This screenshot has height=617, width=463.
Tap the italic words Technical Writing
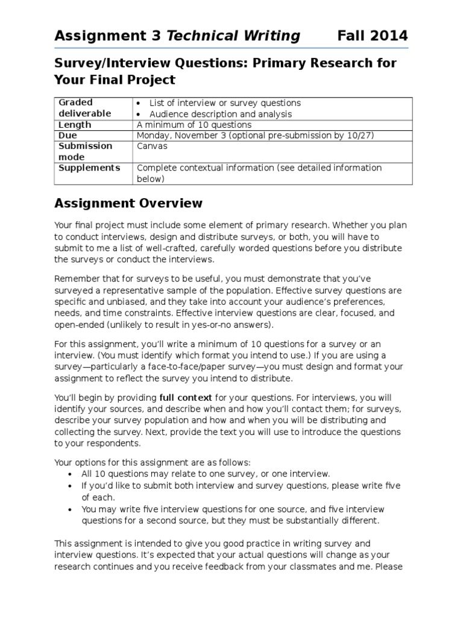pos(233,36)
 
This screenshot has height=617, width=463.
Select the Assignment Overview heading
pos(128,203)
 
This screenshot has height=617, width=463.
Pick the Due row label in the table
pos(68,136)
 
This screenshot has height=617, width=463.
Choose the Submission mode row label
pos(85,151)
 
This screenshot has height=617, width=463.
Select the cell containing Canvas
pos(153,146)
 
